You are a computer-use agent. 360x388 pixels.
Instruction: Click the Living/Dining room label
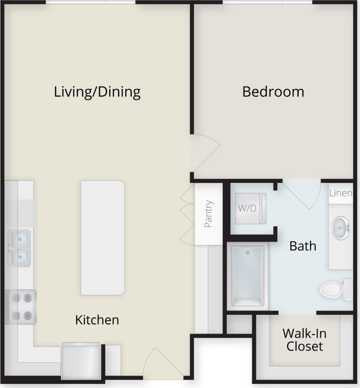click(97, 92)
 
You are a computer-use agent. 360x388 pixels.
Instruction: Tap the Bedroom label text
click(273, 92)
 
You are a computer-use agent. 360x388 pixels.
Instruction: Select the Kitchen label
click(97, 320)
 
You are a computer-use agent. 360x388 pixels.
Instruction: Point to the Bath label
click(303, 246)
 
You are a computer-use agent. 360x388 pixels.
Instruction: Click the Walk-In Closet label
click(304, 340)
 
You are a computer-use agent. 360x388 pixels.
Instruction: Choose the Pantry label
click(208, 214)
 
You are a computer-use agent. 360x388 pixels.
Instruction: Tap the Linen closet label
click(341, 193)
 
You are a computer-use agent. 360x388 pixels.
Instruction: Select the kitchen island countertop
click(103, 238)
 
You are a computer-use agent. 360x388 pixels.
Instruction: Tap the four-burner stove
click(21, 306)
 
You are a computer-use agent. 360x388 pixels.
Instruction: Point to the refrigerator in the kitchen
click(81, 361)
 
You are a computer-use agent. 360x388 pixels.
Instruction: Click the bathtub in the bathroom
click(248, 276)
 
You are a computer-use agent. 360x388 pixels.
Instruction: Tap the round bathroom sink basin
click(341, 228)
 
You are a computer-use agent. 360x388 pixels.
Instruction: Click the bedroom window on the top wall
click(267, 2)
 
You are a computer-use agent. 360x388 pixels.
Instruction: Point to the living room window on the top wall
click(90, 2)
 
